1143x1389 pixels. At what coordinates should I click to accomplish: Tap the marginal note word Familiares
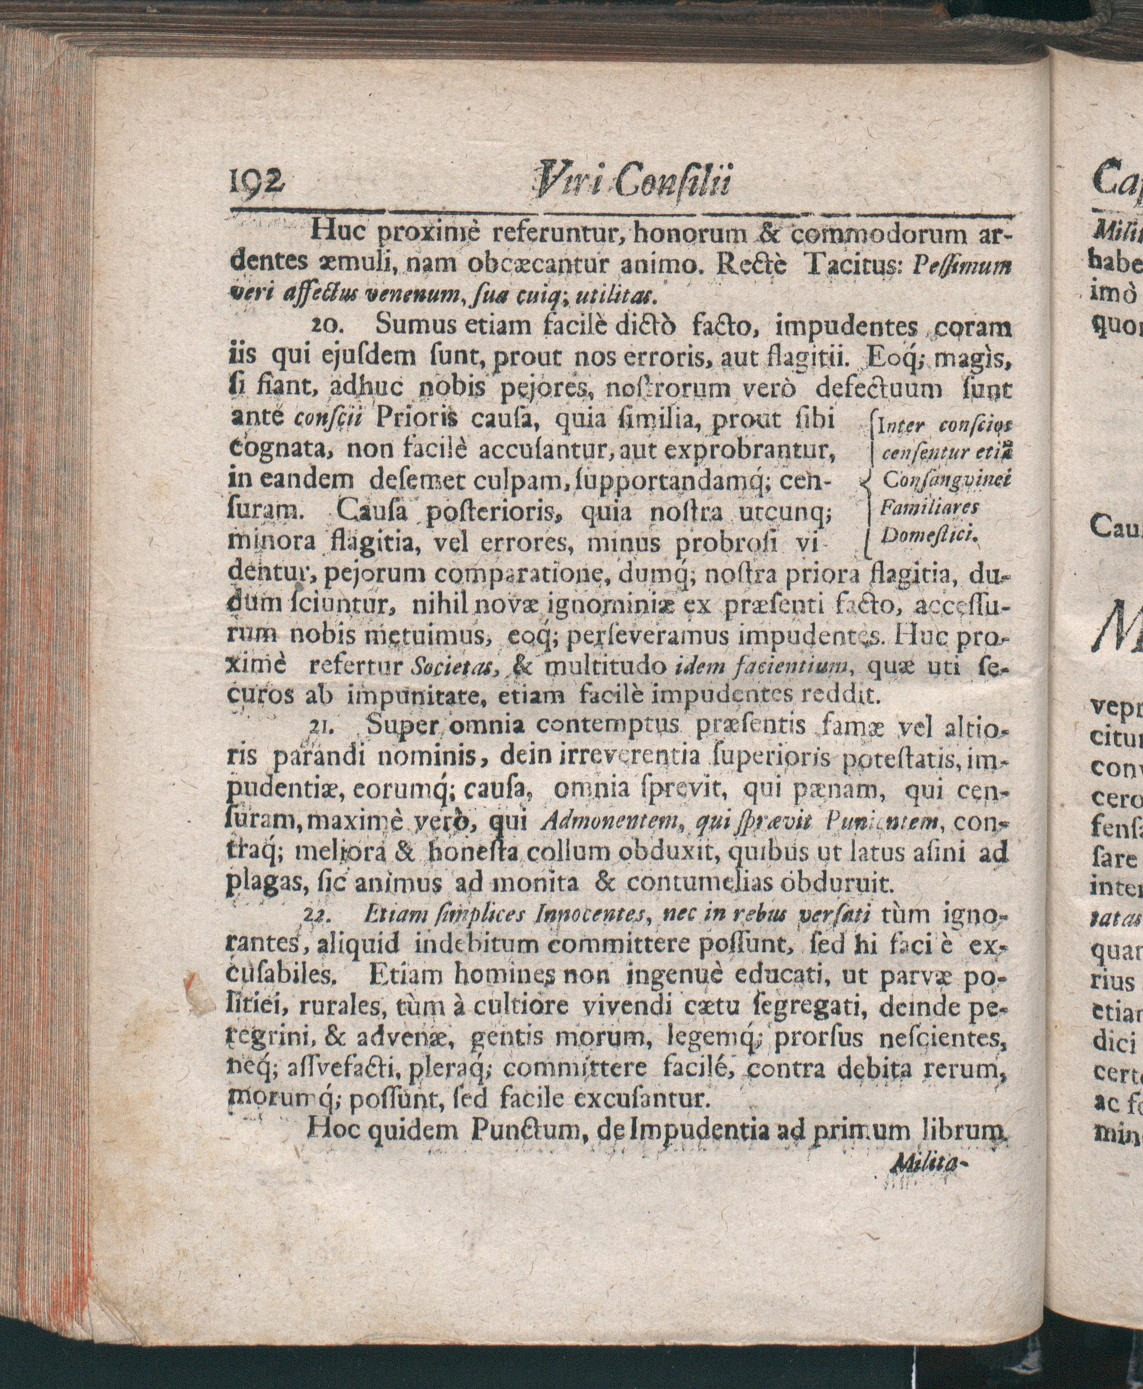click(x=929, y=508)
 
